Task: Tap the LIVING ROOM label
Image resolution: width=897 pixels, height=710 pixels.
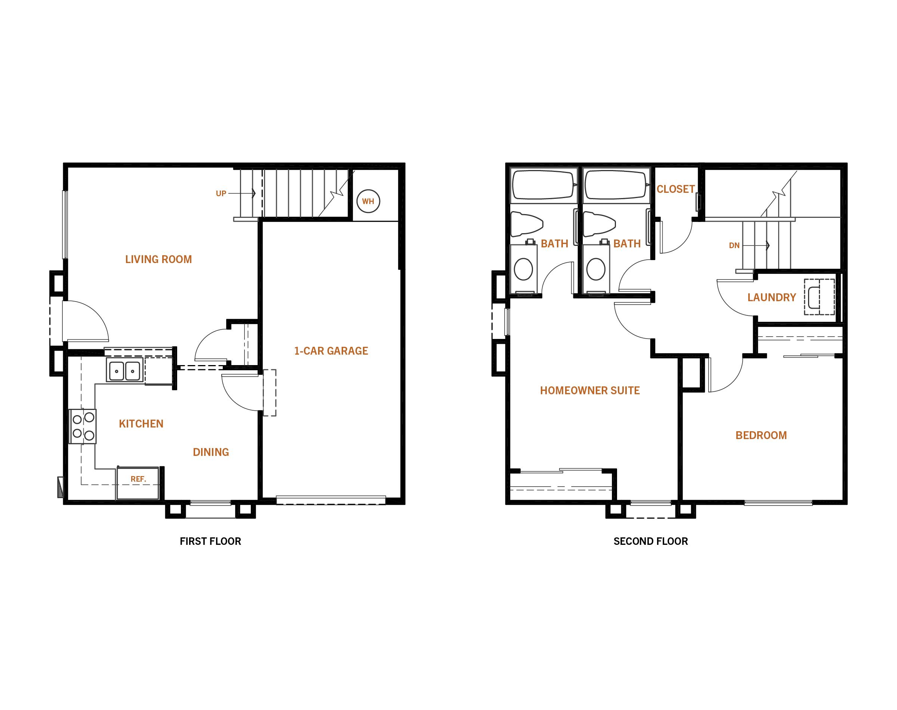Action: point(158,259)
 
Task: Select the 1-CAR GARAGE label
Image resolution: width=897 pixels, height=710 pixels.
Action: point(331,351)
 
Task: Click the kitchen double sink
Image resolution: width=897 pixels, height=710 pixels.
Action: point(124,369)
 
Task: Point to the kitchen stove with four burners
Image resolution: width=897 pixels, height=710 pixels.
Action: point(82,426)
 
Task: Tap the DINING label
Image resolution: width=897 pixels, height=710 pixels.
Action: point(211,452)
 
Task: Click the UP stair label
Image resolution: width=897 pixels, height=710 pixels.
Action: point(221,193)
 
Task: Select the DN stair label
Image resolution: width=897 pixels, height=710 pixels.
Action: point(734,246)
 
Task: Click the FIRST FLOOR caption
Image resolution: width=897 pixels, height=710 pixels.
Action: point(210,541)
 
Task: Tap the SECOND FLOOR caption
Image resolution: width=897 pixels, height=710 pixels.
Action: point(651,541)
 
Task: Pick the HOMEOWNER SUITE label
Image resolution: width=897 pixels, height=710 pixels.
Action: point(590,390)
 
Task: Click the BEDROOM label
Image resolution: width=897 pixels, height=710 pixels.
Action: point(761,435)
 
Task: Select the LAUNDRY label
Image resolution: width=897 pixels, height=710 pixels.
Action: point(771,297)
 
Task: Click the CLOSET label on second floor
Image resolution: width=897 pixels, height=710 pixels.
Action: point(675,189)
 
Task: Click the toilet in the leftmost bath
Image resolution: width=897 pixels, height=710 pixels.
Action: point(527,225)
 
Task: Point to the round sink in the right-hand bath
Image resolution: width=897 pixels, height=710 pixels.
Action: point(596,269)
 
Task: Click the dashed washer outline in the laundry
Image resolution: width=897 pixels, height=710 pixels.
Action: point(819,296)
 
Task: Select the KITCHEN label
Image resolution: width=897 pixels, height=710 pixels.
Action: point(141,424)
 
